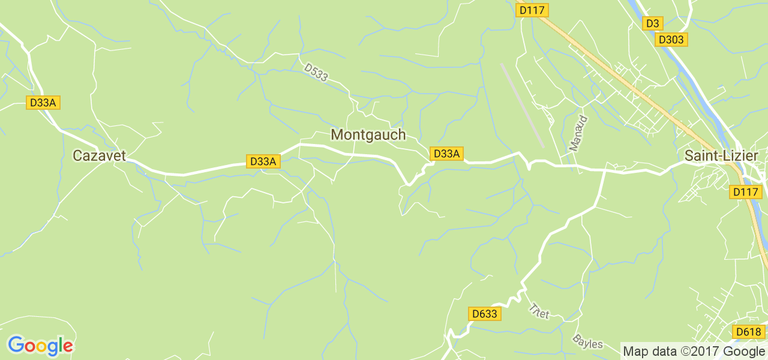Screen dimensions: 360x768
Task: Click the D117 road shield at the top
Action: pyautogui.click(x=533, y=10)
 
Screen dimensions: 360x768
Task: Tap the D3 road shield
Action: pyautogui.click(x=652, y=23)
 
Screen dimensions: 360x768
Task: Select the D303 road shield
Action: pyautogui.click(x=671, y=40)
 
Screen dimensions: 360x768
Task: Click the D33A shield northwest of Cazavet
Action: pyautogui.click(x=43, y=103)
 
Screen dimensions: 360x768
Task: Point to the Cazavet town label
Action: pyautogui.click(x=100, y=155)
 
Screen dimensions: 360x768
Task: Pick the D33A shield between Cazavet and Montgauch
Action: pyautogui.click(x=263, y=161)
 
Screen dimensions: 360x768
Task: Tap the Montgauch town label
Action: pyautogui.click(x=368, y=135)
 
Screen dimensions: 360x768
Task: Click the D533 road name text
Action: pyautogui.click(x=316, y=73)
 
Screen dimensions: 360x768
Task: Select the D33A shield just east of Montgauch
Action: pyautogui.click(x=446, y=154)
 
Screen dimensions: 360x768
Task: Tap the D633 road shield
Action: pyautogui.click(x=484, y=314)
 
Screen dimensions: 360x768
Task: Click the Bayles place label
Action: pyautogui.click(x=587, y=343)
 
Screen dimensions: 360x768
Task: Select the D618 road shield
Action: pyautogui.click(x=748, y=332)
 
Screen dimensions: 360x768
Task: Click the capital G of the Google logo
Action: pyautogui.click(x=16, y=346)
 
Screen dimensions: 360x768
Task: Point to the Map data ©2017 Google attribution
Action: pyautogui.click(x=694, y=352)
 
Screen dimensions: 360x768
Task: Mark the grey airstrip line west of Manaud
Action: pyautogui.click(x=522, y=106)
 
